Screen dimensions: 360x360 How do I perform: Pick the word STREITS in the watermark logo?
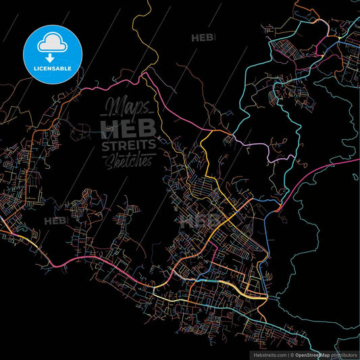point(128,145)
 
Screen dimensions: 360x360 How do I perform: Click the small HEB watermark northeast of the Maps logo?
point(202,38)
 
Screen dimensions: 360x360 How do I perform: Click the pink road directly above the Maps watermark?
point(122,83)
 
